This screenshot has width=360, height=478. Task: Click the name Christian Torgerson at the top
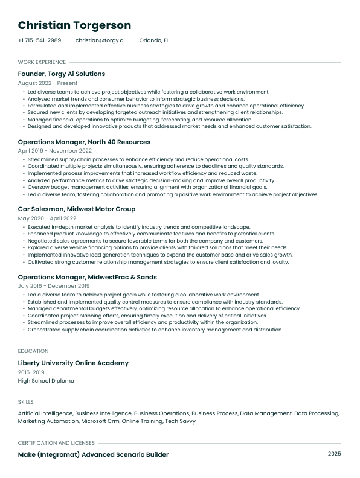(x=74, y=25)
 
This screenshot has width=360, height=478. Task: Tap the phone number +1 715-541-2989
(x=39, y=40)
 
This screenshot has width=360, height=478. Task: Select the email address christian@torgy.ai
(x=100, y=40)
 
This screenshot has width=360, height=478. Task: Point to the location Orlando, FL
(x=154, y=40)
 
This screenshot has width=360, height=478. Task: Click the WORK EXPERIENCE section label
(x=42, y=62)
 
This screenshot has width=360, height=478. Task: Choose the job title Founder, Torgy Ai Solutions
(x=62, y=74)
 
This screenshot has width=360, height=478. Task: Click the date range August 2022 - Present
(x=48, y=83)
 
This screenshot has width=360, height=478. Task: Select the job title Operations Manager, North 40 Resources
(x=84, y=142)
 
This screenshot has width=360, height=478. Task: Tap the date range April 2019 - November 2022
(x=55, y=151)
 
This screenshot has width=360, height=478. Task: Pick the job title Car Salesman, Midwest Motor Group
(x=77, y=209)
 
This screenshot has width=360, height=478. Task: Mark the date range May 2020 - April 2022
(x=48, y=218)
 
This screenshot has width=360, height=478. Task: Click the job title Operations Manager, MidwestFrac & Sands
(x=88, y=277)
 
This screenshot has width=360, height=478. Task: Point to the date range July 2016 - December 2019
(x=54, y=286)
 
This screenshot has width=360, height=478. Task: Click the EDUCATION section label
(x=33, y=351)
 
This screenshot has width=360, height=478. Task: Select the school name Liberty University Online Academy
(x=73, y=363)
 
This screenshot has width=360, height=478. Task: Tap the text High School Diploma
(x=46, y=381)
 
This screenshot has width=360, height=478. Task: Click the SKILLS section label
(x=26, y=401)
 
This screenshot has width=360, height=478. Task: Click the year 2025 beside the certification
(x=335, y=454)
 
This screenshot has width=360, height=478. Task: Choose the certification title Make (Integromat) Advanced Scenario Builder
(x=93, y=454)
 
